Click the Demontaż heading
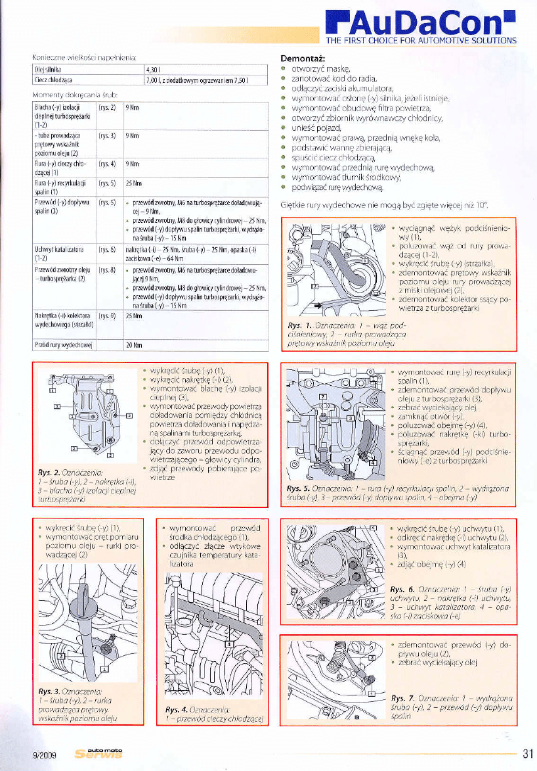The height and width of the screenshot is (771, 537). (301, 58)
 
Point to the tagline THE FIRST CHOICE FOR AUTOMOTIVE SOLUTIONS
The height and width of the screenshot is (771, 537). (421, 41)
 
